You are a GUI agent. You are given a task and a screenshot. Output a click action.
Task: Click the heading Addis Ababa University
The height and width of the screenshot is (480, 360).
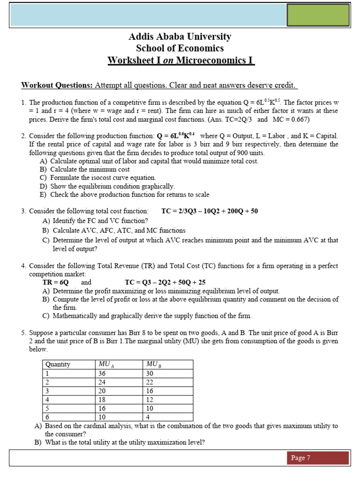pos(180,37)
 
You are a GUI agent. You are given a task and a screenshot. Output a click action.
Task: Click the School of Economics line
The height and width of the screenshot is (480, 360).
pos(180,48)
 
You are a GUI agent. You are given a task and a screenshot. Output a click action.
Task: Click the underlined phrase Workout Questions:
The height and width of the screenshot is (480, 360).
pos(57,85)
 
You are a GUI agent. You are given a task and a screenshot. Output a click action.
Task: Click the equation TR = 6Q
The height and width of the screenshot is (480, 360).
pos(56,283)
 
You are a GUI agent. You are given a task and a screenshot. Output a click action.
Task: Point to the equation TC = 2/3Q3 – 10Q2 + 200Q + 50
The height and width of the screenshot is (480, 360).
pos(210,211)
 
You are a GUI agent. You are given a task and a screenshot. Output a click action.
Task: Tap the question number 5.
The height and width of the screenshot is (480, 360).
pos(23,333)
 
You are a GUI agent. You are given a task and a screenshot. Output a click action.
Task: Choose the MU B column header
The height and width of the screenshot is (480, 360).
pos(153,365)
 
